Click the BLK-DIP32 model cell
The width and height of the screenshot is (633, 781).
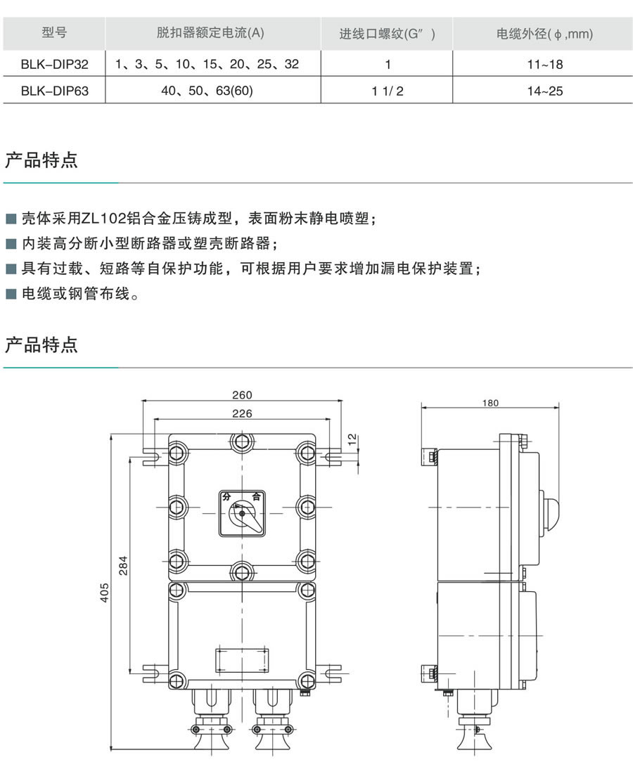pyautogui.click(x=55, y=64)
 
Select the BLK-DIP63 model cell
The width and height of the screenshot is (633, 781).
pyautogui.click(x=55, y=91)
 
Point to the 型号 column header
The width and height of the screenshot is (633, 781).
pyautogui.click(x=55, y=32)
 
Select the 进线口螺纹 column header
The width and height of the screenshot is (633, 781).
pyautogui.click(x=388, y=33)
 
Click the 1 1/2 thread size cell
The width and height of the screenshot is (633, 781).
pyautogui.click(x=388, y=91)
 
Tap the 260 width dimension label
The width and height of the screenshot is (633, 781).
pyautogui.click(x=242, y=395)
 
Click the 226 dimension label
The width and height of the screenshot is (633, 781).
pyautogui.click(x=242, y=413)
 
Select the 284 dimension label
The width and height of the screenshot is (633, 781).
pyautogui.click(x=123, y=565)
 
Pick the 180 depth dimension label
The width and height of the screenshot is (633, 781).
pyautogui.click(x=490, y=403)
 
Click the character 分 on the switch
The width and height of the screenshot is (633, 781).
pyautogui.click(x=226, y=496)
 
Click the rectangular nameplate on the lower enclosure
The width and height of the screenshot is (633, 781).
pyautogui.click(x=242, y=661)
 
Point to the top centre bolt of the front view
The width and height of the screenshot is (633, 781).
pyautogui.click(x=242, y=441)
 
